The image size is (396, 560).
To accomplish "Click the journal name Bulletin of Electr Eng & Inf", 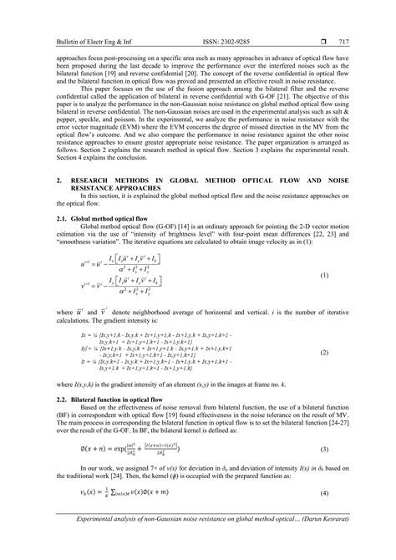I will (x=68, y=18).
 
